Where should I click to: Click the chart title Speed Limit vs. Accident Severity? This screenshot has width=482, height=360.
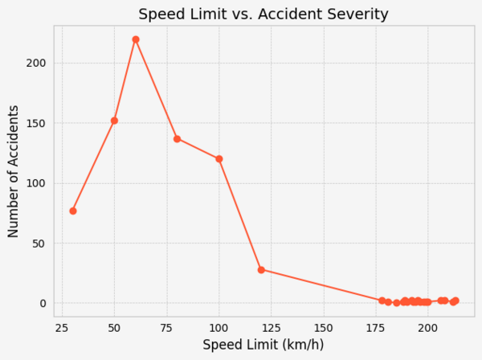click(x=263, y=14)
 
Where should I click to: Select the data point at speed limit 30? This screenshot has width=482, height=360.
click(x=73, y=211)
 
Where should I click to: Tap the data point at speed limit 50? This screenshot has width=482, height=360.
click(x=114, y=121)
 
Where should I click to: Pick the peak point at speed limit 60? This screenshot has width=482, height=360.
click(x=136, y=39)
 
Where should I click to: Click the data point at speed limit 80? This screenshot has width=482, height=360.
click(x=177, y=138)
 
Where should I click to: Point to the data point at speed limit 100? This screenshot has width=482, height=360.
click(x=219, y=159)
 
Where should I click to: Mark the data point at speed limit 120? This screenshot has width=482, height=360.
click(x=261, y=270)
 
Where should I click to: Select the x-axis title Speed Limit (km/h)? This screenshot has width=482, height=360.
click(x=263, y=346)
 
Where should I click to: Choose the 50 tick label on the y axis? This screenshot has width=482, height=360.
click(x=39, y=243)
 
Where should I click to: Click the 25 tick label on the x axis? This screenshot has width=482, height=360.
click(x=62, y=328)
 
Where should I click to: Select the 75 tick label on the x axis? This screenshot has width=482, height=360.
click(x=166, y=328)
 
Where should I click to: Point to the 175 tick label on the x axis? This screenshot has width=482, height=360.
click(x=375, y=328)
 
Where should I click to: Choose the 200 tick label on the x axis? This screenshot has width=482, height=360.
click(x=427, y=328)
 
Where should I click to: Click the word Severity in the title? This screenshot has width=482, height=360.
click(x=359, y=14)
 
